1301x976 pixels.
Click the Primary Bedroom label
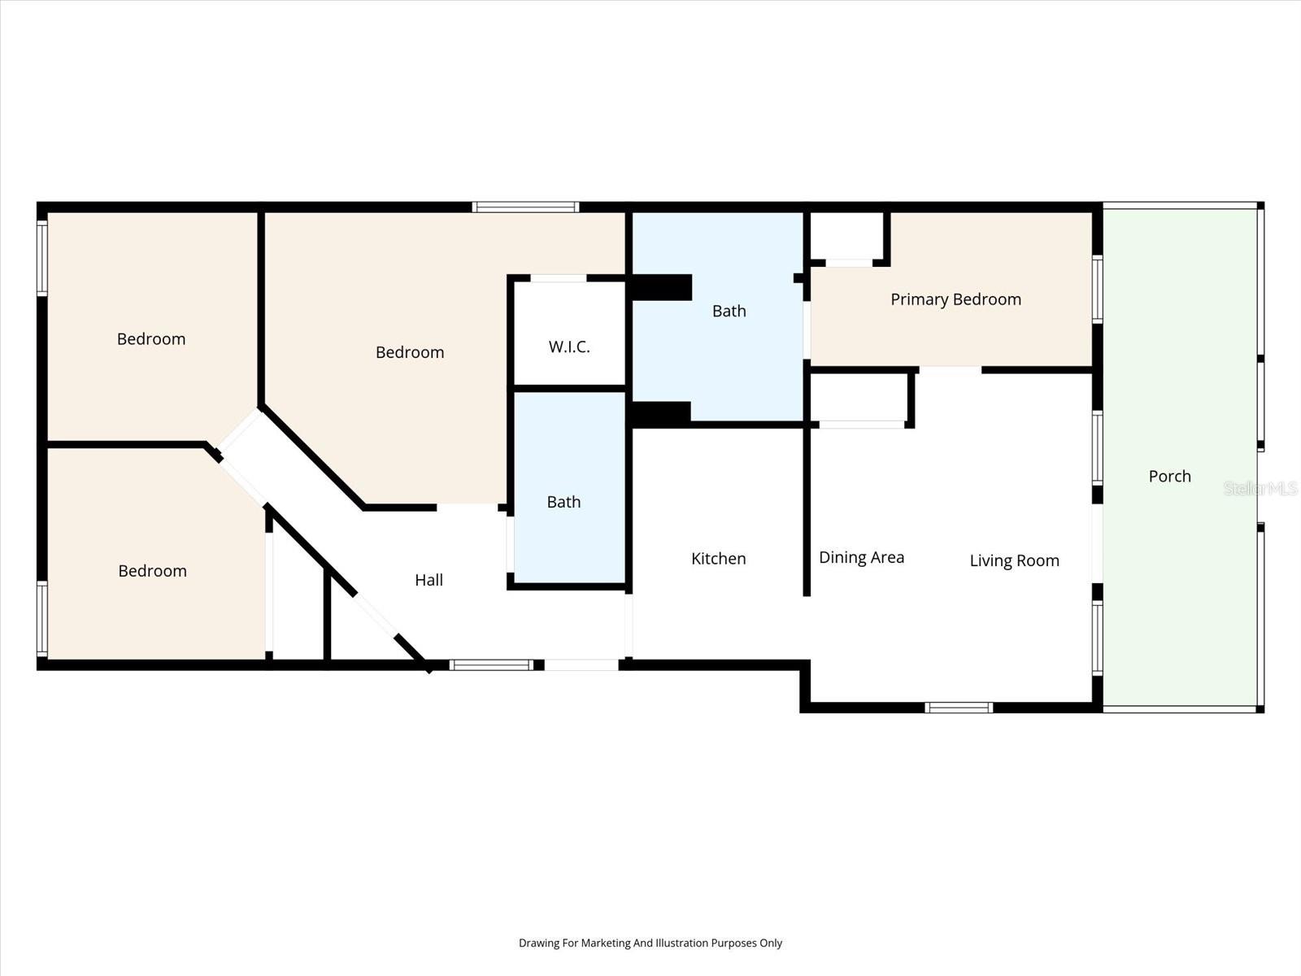coord(955,299)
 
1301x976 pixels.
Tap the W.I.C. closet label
coord(569,347)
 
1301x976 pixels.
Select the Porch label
coord(1169,477)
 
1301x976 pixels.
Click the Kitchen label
coord(718,559)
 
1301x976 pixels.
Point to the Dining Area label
coord(861,558)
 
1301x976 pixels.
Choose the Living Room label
coord(1014,560)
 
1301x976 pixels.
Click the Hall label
coord(429,580)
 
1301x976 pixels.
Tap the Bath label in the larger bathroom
coord(729,311)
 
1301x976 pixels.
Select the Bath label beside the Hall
coord(563,502)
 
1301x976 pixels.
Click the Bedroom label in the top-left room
coord(151,339)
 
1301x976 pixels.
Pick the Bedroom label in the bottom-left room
coord(152,571)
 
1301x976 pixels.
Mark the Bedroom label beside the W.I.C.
coord(410,352)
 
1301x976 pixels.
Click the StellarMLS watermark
coord(1260,488)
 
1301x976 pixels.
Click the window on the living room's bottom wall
coord(959,708)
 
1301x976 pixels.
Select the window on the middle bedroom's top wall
coord(525,207)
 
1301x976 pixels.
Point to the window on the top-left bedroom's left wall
coord(42,258)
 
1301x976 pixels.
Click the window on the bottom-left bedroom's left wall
coord(42,618)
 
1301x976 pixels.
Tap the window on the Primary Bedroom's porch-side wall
coord(1097,289)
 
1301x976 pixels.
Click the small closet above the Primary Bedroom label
coord(846,236)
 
